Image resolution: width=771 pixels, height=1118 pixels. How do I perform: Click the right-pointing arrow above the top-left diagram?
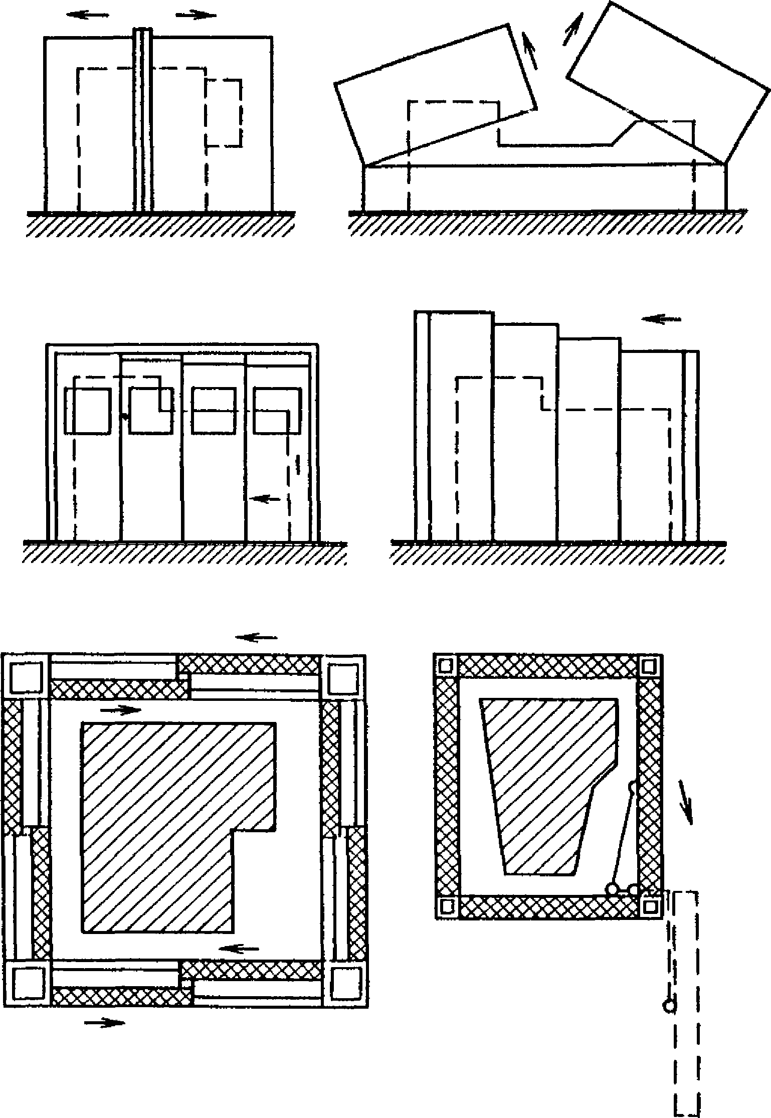(x=196, y=15)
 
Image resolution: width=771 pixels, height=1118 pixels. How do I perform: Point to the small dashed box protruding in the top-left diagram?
(x=224, y=113)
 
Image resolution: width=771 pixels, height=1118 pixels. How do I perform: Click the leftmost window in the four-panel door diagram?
(x=88, y=410)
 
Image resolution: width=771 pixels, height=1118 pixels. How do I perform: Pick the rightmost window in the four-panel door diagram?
(x=277, y=410)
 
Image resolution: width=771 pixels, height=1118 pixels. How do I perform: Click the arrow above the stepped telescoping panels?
(x=661, y=319)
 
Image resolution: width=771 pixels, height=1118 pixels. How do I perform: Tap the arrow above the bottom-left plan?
(x=256, y=638)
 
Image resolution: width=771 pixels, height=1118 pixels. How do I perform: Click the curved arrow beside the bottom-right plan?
(x=686, y=802)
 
